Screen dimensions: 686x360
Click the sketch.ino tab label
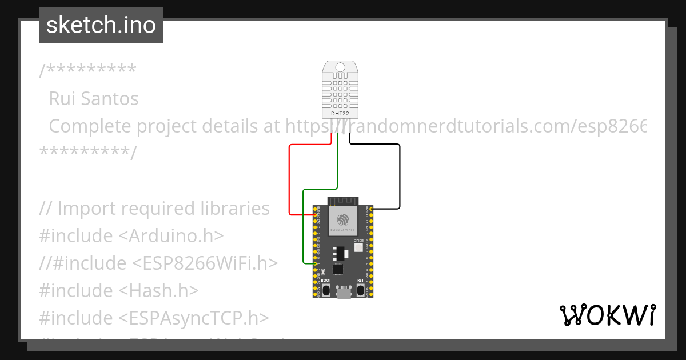101,25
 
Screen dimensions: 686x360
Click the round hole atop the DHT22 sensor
340,67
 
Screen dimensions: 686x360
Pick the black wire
399,177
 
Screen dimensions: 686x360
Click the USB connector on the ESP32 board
344,293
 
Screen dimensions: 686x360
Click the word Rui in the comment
61,99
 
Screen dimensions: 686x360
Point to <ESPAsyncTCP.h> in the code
194,318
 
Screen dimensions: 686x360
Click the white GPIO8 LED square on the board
358,248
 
